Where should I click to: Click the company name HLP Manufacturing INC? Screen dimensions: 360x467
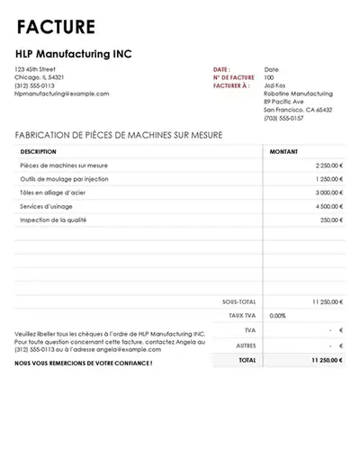click(x=74, y=54)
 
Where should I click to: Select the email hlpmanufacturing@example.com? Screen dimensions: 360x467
click(x=62, y=94)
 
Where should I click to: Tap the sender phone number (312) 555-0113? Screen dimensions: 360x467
click(x=34, y=85)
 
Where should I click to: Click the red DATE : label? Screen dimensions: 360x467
click(x=221, y=69)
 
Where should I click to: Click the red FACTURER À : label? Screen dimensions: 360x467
click(x=232, y=85)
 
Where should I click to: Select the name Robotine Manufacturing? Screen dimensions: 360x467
click(x=298, y=94)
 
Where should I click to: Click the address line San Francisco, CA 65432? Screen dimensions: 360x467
click(x=298, y=110)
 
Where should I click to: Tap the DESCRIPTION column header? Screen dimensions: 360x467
click(x=38, y=151)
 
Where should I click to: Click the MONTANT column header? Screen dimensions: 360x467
click(x=285, y=151)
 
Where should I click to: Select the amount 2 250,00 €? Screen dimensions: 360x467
click(x=328, y=166)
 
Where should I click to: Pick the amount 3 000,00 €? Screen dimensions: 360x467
click(x=328, y=193)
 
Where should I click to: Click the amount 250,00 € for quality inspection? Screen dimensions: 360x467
click(x=331, y=220)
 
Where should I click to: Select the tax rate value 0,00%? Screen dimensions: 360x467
click(x=277, y=316)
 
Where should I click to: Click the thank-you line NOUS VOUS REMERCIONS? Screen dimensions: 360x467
click(x=84, y=364)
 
